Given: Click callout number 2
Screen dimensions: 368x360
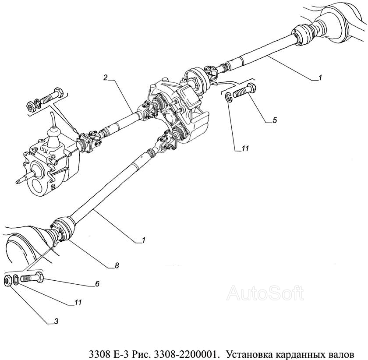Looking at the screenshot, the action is pos(106,78).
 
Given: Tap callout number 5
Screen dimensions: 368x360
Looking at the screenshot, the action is pos(274,120).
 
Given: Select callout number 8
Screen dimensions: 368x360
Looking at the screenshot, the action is pos(117,265).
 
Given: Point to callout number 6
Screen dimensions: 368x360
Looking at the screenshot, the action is pos(97,284).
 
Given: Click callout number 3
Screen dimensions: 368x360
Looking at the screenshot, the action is pos(56,321).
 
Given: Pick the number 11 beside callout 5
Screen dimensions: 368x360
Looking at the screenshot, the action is pos(245,148).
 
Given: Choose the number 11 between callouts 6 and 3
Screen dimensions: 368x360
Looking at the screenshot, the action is pos(78,302).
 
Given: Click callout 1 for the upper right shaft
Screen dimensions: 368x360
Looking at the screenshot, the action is pos(320,78).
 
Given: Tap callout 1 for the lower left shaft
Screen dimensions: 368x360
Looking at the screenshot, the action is pos(143,240).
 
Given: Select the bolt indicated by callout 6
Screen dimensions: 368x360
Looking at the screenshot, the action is pos(32,277).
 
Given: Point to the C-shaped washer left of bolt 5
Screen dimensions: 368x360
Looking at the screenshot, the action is pos(229,97).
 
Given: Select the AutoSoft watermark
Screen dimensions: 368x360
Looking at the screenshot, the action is pos(265,293).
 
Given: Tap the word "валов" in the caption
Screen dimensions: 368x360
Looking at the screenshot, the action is pos(341,354).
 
